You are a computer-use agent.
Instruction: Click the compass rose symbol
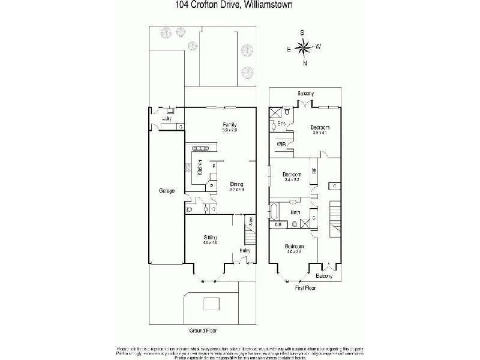[305, 46]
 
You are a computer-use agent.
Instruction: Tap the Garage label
[166, 191]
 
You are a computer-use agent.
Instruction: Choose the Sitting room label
[210, 238]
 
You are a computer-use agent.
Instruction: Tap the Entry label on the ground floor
[245, 250]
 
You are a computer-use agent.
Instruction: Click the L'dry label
[167, 119]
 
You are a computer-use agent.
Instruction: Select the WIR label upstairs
[281, 145]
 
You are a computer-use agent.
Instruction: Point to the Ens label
[280, 124]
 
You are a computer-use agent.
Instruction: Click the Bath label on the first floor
[295, 212]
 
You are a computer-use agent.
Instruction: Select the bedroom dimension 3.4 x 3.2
[292, 179]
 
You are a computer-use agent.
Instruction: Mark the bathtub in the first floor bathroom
[275, 212]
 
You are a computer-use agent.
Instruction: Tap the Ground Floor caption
[203, 331]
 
